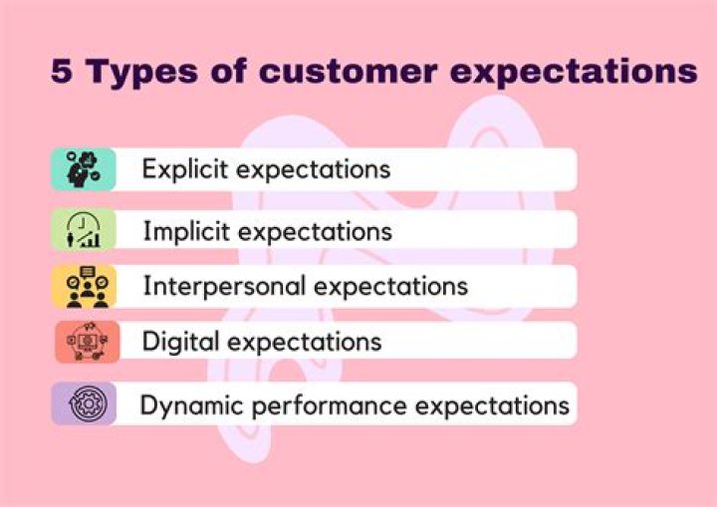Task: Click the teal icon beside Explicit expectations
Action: (83, 169)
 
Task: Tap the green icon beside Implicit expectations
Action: (83, 230)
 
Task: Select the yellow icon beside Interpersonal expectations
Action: (83, 287)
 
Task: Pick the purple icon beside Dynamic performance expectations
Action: (83, 404)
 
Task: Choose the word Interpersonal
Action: (225, 287)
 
